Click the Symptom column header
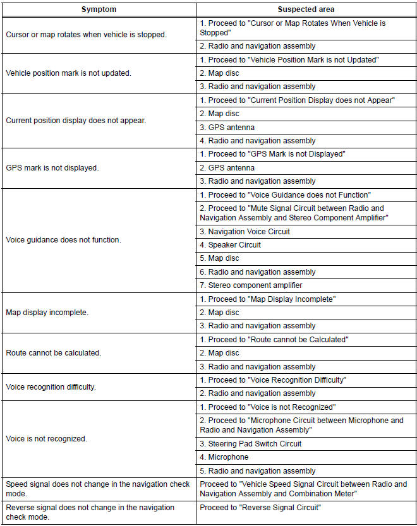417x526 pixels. [x=99, y=10]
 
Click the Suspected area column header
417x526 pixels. [x=306, y=10]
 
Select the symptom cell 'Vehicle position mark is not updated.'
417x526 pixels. [x=68, y=73]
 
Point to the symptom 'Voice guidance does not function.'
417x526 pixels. [x=63, y=240]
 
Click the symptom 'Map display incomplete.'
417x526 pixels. [x=47, y=313]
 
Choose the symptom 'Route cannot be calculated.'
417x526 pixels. [x=52, y=353]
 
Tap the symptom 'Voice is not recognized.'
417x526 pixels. [x=46, y=438]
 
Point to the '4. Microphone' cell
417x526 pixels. [x=224, y=457]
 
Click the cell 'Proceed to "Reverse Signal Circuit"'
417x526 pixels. [x=260, y=508]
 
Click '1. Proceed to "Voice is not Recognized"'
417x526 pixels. [x=267, y=407]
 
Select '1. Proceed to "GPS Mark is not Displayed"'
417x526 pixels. [x=272, y=154]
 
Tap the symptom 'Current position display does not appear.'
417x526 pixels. [x=76, y=121]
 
